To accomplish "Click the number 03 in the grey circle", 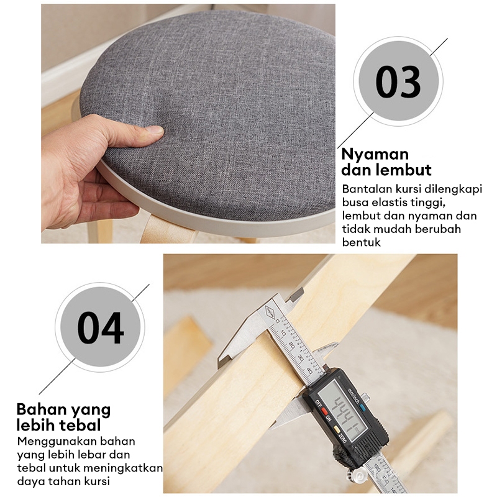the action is [398, 81].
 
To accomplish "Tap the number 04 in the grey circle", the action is [101, 328].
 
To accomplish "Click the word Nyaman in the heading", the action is [375, 155].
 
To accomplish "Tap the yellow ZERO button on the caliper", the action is [337, 430].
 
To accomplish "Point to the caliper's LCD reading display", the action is [342, 411].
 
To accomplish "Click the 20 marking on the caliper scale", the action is [292, 346].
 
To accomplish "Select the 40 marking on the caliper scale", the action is [309, 372].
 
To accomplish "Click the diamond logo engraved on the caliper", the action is [270, 312].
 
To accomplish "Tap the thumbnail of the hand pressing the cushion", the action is [188, 124].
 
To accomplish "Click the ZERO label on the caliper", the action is [342, 438].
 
